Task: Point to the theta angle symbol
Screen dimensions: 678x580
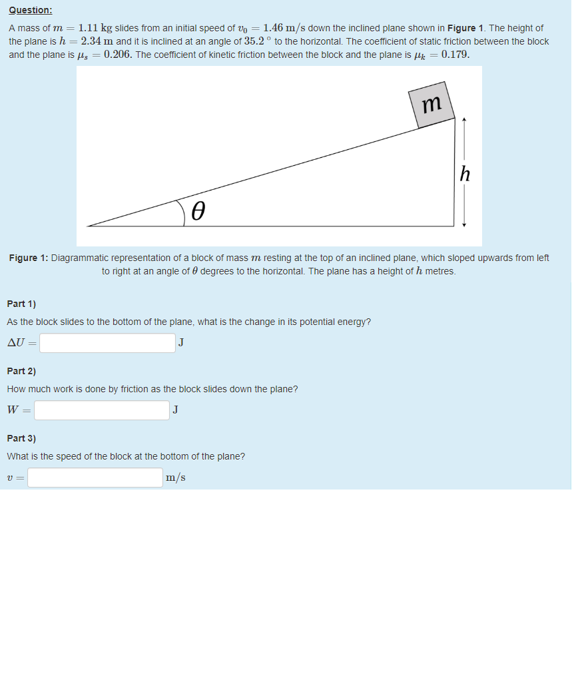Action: click(x=198, y=212)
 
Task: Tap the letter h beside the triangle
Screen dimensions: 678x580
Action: click(x=465, y=174)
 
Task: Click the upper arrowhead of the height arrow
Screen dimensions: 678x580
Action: click(x=464, y=121)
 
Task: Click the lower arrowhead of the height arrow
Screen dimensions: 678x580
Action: click(x=464, y=224)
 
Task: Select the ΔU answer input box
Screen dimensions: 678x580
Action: click(x=107, y=343)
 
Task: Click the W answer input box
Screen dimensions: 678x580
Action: click(x=102, y=410)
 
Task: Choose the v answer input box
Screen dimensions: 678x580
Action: click(x=95, y=478)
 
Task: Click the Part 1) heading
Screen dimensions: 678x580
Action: click(x=21, y=304)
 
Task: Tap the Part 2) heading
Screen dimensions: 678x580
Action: click(x=21, y=371)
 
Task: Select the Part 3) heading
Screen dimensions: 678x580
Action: click(x=21, y=438)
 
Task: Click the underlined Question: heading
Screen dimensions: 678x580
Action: click(x=30, y=11)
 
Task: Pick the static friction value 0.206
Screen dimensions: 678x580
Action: click(x=118, y=55)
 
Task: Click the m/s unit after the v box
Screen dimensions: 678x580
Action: click(x=176, y=478)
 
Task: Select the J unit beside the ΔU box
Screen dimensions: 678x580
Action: click(x=181, y=343)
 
